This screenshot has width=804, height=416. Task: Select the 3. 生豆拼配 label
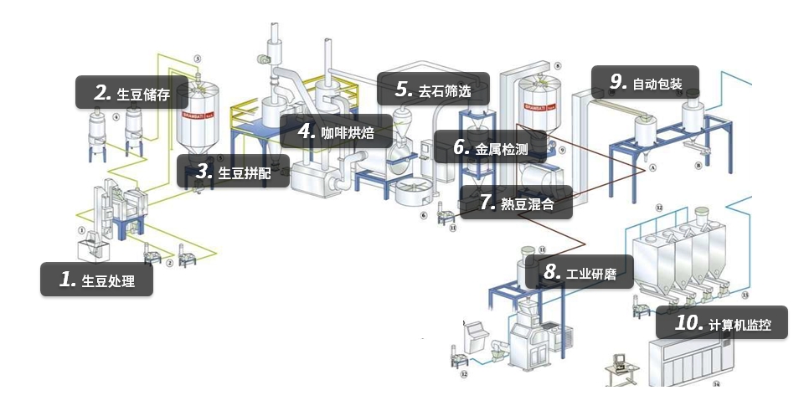tap(234, 172)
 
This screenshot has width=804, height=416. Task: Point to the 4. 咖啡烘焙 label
tap(337, 131)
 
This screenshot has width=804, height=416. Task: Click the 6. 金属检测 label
tap(491, 148)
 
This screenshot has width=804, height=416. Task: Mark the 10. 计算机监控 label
tap(720, 323)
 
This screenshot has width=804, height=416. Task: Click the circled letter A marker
tap(650, 167)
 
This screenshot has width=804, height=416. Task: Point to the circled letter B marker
tap(698, 167)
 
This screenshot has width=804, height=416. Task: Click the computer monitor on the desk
tap(620, 361)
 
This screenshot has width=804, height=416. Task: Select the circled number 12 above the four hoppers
tap(659, 206)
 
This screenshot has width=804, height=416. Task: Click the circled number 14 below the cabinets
tap(716, 385)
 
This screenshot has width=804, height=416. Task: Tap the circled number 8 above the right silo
tap(557, 64)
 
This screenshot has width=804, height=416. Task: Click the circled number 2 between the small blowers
tap(170, 263)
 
